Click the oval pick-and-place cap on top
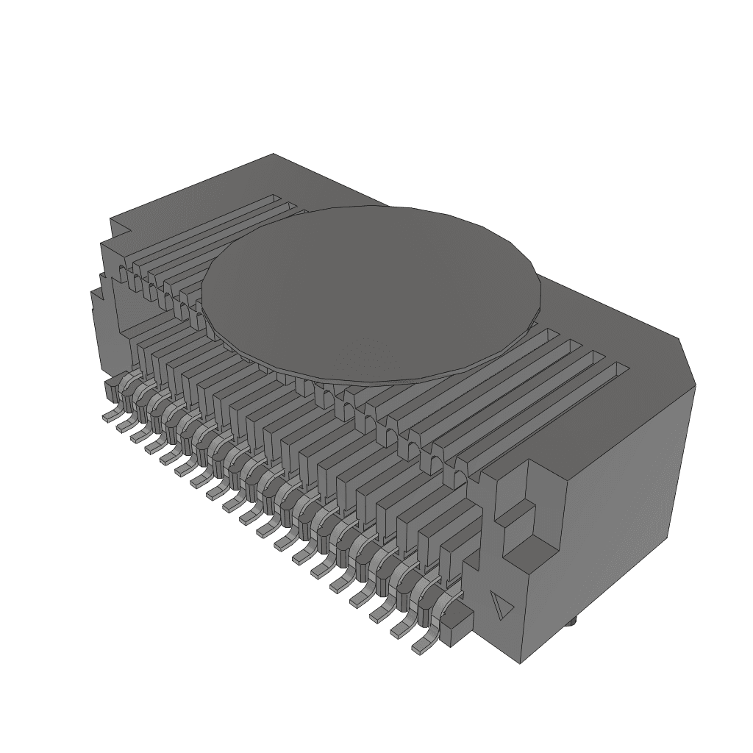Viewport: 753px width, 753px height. click(371, 290)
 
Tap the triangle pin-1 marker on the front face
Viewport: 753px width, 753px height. click(502, 606)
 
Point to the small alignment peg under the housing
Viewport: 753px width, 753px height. click(572, 623)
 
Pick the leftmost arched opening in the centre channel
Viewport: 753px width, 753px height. click(134, 279)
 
